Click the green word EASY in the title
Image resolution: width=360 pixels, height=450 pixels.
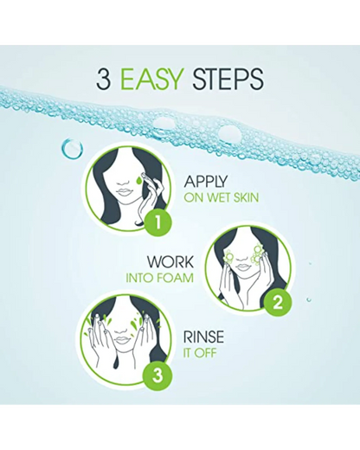[151, 79]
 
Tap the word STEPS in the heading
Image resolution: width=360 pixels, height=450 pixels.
[228, 79]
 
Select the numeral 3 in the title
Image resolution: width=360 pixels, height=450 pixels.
[104, 79]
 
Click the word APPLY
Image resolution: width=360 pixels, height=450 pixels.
[205, 182]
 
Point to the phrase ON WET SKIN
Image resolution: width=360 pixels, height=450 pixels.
[222, 197]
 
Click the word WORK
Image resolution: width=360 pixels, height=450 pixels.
[170, 262]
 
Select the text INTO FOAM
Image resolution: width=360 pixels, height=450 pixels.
[159, 278]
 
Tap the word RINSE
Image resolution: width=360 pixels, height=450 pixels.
[203, 337]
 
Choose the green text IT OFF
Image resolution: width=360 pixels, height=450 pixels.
[200, 353]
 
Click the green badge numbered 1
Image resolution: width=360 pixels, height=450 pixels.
[157, 222]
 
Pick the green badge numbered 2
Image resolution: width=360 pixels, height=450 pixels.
[277, 303]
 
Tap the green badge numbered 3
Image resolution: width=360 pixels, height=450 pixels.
[157, 376]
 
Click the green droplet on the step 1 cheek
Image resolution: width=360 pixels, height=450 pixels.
[139, 181]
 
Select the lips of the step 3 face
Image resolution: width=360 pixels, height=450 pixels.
[122, 340]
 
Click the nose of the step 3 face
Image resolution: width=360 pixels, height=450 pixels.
[123, 330]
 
